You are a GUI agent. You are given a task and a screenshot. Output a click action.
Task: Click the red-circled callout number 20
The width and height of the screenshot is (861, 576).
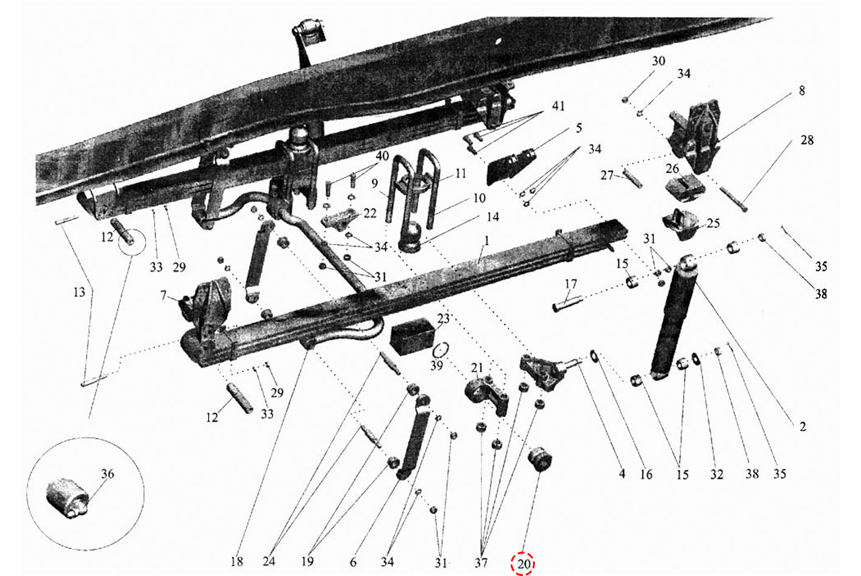tap(523, 564)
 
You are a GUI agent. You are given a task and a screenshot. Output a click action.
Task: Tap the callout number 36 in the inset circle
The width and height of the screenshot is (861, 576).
tap(108, 474)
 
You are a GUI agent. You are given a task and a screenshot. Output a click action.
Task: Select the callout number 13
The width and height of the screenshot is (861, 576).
tap(79, 292)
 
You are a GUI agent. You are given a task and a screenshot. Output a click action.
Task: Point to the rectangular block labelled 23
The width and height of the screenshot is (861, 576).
tap(413, 336)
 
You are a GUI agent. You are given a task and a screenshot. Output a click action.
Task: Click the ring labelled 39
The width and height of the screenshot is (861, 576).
tap(441, 350)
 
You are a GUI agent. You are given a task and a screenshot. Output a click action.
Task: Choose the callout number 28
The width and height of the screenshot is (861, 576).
tap(807, 140)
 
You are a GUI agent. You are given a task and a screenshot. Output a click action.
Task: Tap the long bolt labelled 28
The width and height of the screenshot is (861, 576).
tap(733, 198)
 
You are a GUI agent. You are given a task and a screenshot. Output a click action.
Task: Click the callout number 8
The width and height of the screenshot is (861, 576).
tap(801, 91)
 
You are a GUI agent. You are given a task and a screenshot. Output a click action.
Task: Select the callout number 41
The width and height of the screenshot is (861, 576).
tap(558, 106)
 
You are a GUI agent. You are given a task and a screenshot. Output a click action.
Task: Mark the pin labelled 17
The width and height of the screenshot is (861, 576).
tap(567, 303)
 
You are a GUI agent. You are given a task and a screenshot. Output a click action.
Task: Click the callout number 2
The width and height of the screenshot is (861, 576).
tap(803, 426)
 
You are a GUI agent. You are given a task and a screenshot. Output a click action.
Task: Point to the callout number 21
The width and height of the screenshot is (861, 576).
tap(476, 368)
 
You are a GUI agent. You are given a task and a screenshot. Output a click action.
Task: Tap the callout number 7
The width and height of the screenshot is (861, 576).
tap(163, 295)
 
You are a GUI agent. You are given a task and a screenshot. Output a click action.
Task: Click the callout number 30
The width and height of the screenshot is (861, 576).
tap(658, 61)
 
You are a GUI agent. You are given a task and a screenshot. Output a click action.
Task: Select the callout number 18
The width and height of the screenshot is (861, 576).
tap(237, 561)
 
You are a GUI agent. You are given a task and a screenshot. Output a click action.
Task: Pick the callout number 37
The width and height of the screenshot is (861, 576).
tap(481, 563)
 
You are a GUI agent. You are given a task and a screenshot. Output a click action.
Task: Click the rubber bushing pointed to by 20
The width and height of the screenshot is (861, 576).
tap(540, 458)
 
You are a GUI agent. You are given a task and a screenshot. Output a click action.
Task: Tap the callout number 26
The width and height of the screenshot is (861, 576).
tap(672, 168)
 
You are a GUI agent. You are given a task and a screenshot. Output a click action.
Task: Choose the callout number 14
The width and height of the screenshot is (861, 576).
tap(493, 217)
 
